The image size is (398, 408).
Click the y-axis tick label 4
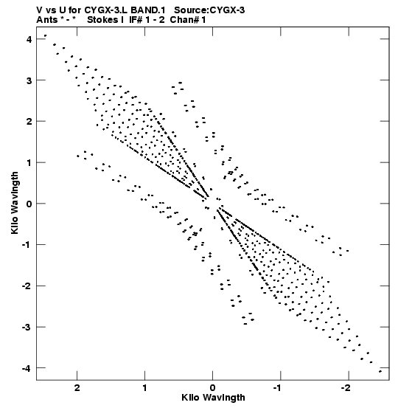pos(29,40)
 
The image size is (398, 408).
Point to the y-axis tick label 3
pos(29,80)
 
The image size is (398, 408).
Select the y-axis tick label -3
pos(27,328)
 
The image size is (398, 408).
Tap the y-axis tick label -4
pos(27,368)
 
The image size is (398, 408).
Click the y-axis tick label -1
pos(27,245)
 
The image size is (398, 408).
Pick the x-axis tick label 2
pos(77,387)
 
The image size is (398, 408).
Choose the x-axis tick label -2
pos(346,387)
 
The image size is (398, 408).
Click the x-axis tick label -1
pos(278,387)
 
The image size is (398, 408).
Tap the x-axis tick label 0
pos(213,387)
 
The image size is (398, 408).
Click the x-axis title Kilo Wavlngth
pos(213,398)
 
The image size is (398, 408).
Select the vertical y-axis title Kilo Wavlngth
pos(15,203)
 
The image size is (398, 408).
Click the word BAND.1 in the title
pos(147,10)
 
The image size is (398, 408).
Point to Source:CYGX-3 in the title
pos(209,10)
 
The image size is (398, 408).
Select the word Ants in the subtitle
pos(46,20)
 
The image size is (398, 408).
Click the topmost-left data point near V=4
pos(45,35)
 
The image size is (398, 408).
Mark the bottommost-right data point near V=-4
pos(380,371)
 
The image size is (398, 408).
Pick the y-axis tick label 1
pos(29,163)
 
